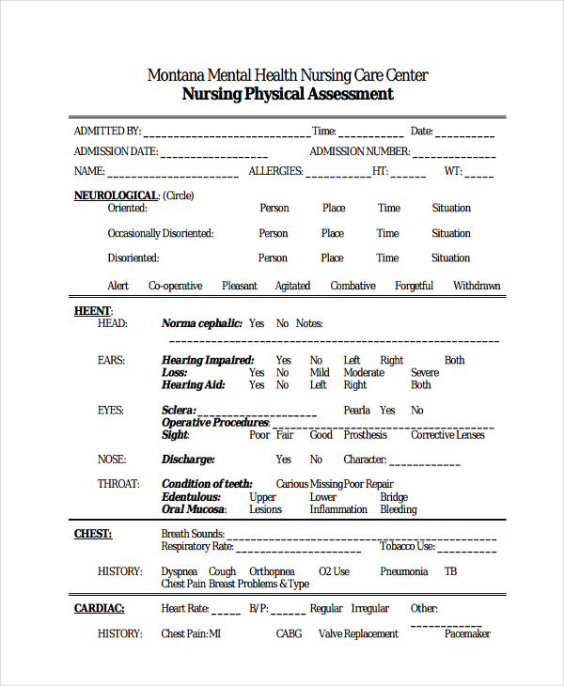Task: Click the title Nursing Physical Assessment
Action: [287, 94]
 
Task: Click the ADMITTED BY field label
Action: [107, 132]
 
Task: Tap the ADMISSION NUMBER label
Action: [359, 151]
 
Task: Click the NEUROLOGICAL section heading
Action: [117, 195]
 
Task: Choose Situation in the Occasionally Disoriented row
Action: [451, 233]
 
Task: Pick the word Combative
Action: [352, 286]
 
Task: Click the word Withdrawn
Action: [477, 286]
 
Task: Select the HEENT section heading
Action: [92, 310]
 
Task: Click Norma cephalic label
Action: [201, 323]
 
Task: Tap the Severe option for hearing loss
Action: [425, 372]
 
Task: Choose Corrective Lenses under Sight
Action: [447, 435]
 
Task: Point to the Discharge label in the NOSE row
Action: [188, 460]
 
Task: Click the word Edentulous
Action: [191, 497]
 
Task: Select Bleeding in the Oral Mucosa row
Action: [398, 509]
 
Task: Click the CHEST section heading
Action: [93, 534]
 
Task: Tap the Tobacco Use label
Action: [407, 546]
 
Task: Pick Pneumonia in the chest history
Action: [403, 571]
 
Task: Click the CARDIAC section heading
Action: [99, 608]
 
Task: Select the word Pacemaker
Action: [467, 634]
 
